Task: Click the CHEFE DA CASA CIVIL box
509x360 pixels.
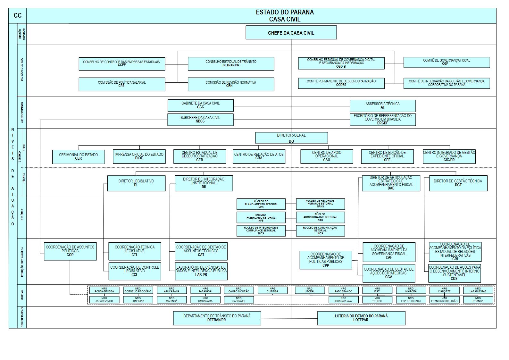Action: coord(291,33)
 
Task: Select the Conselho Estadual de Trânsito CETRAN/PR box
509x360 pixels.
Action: coord(231,63)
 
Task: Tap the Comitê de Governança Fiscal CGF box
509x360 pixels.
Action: coord(446,62)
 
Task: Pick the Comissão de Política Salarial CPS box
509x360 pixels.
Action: coord(122,84)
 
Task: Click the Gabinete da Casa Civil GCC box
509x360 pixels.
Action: coord(200,105)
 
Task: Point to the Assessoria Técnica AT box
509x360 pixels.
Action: coord(382,106)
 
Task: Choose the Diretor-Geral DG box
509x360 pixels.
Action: coord(291,138)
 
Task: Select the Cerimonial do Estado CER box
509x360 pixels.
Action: coord(79,156)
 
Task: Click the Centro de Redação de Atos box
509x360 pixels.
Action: coord(259,156)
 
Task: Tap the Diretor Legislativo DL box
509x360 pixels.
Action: coord(136,183)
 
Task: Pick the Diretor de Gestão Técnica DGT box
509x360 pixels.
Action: coord(458,183)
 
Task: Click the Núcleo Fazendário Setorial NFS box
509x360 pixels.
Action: coord(261,218)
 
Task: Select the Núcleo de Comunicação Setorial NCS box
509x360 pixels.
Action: coord(320,230)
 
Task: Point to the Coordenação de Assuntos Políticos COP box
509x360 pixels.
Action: coord(70,251)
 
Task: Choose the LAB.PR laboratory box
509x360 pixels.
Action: coord(201,271)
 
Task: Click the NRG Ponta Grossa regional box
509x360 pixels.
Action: coord(104,290)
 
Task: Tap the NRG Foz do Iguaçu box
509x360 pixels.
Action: coord(411,300)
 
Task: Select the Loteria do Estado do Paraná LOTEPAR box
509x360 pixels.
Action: coord(361,318)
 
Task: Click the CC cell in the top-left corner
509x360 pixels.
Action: coord(18,15)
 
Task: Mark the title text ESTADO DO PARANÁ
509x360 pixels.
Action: coord(285,12)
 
